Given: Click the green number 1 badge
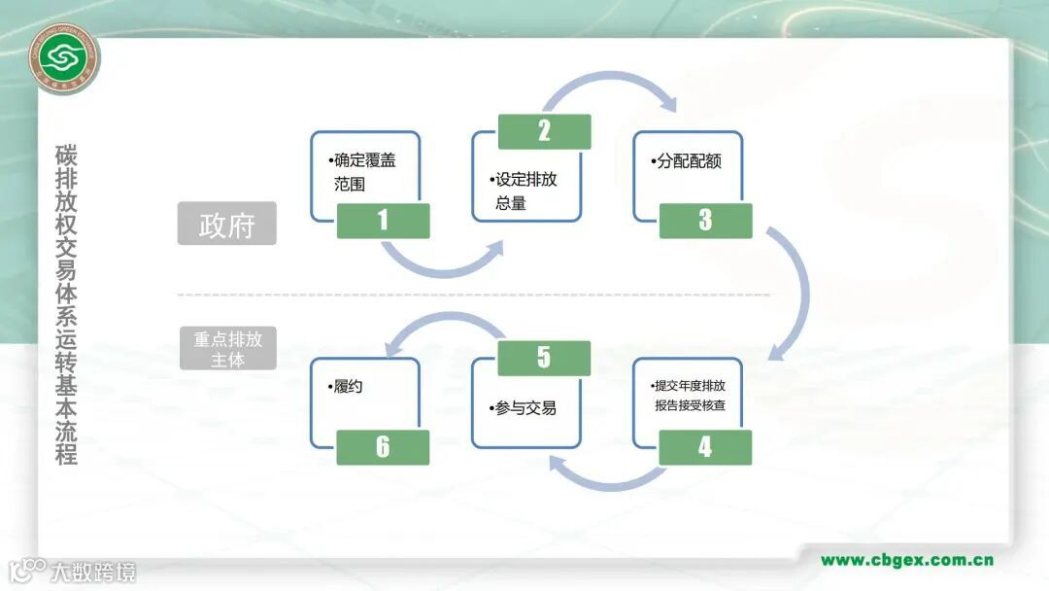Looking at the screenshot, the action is tap(383, 221).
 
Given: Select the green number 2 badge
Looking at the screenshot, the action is tap(544, 131).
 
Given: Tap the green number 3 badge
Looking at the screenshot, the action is tap(705, 221).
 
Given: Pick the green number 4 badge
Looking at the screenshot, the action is tap(705, 447).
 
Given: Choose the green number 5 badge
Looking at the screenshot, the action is tap(544, 358).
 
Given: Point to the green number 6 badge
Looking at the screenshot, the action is tap(383, 447).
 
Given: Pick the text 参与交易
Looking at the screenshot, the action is tap(524, 408).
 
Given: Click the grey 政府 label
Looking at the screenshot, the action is tap(227, 224).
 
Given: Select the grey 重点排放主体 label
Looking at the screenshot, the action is tap(227, 349).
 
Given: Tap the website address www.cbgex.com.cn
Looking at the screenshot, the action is tap(907, 560).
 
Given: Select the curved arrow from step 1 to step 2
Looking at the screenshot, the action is tap(443, 259).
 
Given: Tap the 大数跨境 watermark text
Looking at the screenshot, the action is tap(93, 572).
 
